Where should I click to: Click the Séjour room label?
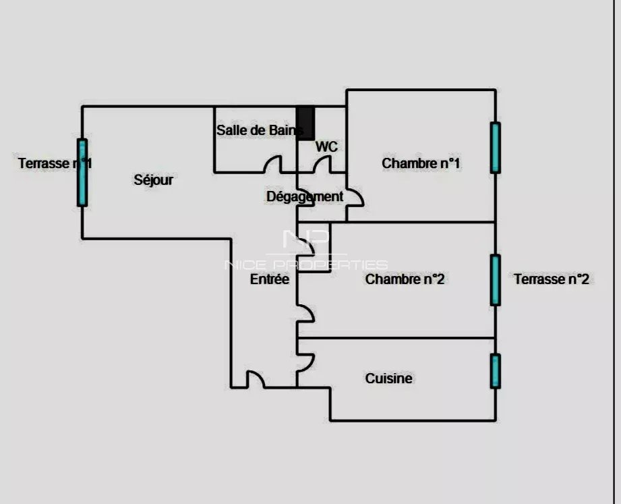(x=153, y=180)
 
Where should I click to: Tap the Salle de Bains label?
(x=260, y=130)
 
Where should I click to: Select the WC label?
(x=326, y=146)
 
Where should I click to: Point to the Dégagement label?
(x=305, y=196)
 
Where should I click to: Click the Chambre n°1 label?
(x=421, y=163)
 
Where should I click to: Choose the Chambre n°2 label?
(x=405, y=279)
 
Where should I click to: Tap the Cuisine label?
(x=388, y=379)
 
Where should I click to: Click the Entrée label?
(x=270, y=279)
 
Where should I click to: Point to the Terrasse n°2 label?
(x=552, y=279)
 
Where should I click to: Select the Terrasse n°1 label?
(x=55, y=163)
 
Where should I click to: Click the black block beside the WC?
(x=305, y=123)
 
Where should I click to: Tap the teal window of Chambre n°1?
(x=495, y=148)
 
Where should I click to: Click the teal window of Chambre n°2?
(x=495, y=280)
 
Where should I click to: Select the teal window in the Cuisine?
(x=495, y=371)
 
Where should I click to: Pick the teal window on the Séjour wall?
(x=82, y=173)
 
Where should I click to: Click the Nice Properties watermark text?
(x=306, y=264)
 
